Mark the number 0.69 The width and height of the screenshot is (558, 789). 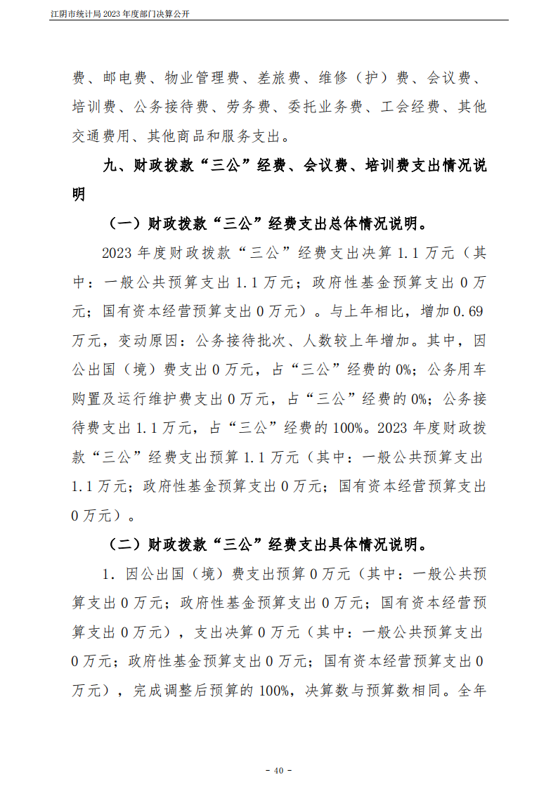[x=468, y=311]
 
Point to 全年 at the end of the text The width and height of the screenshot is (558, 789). [x=471, y=691]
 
